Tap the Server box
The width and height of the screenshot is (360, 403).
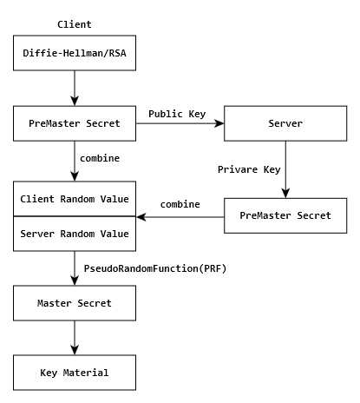(x=285, y=123)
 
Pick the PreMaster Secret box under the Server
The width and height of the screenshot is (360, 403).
(x=285, y=215)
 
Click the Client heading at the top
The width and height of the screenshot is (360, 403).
(x=74, y=24)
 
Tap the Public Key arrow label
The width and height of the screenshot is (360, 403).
(x=177, y=114)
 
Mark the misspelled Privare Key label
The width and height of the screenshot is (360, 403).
(x=248, y=169)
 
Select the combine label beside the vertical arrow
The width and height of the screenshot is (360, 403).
(x=100, y=159)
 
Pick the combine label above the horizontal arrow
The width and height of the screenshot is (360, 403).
(x=180, y=204)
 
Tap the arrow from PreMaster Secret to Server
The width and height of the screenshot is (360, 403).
(x=180, y=124)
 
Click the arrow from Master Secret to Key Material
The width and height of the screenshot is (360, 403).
(x=75, y=338)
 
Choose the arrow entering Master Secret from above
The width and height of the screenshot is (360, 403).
(x=75, y=268)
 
